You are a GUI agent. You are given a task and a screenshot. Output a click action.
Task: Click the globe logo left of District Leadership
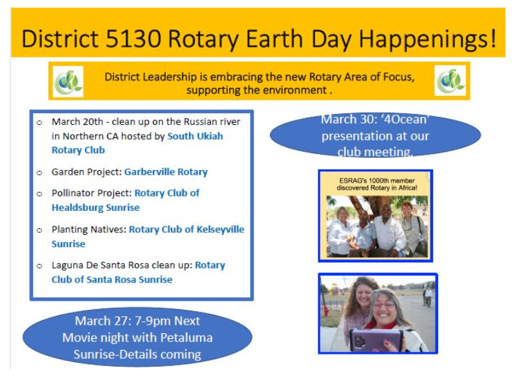[68, 81]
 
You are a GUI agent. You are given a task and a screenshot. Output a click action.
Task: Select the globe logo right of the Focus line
[451, 81]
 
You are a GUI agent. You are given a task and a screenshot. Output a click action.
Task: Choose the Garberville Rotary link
[166, 172]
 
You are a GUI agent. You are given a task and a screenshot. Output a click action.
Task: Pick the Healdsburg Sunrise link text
[96, 208]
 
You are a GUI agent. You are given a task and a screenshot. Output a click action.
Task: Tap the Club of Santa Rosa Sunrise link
[112, 279]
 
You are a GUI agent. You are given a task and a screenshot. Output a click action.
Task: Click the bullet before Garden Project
[39, 173]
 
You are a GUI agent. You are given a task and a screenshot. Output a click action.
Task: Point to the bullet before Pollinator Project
[39, 194]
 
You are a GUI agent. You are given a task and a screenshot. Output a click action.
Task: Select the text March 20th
[78, 122]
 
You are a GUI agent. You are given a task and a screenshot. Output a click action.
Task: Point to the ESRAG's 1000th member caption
[377, 184]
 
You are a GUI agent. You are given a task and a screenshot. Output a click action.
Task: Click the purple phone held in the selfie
[376, 340]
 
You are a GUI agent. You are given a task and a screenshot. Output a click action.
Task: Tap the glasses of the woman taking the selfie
[384, 306]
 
